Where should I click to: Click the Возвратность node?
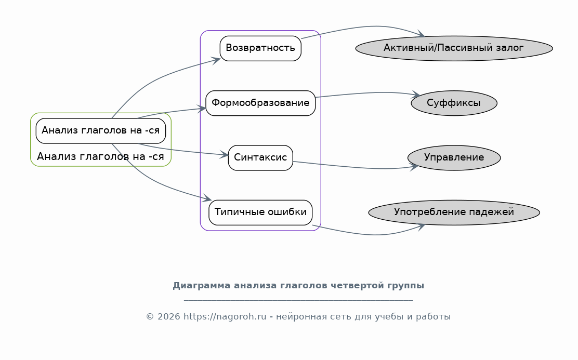(x=260, y=48)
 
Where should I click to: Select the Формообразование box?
(x=260, y=103)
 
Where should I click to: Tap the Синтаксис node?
(x=260, y=158)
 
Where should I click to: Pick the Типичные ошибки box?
(x=260, y=212)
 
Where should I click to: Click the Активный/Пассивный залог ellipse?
(x=454, y=48)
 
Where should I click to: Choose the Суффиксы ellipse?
(x=454, y=103)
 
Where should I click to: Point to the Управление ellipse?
(x=454, y=158)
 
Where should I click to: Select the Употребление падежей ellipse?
(x=454, y=212)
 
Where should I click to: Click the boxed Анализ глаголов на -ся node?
(x=101, y=131)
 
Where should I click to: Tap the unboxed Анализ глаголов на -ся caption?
(x=100, y=156)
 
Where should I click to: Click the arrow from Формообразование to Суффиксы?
(x=369, y=93)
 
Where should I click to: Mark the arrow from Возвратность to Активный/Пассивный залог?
(x=369, y=26)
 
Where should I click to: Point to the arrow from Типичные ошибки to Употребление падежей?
(x=369, y=234)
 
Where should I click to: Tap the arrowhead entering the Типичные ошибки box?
(x=207, y=198)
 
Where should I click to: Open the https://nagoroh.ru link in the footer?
(x=225, y=317)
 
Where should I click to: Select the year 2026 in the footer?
(x=169, y=317)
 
